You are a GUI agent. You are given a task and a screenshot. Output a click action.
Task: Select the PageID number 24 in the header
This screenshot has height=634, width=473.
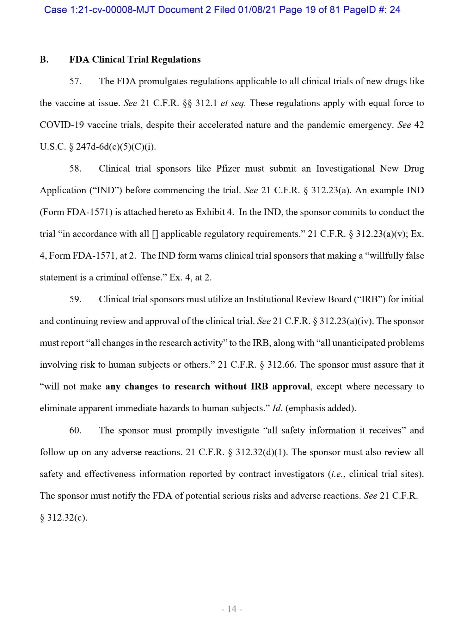pyautogui.click(x=395, y=10)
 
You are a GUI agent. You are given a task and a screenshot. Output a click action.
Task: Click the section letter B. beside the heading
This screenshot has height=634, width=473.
pyautogui.click(x=44, y=60)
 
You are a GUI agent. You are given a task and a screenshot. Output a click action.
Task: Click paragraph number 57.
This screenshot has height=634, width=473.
pyautogui.click(x=75, y=82)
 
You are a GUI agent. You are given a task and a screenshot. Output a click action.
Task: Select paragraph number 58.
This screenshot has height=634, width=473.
pyautogui.click(x=75, y=169)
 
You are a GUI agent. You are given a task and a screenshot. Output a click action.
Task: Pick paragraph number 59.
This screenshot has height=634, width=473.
pyautogui.click(x=75, y=299)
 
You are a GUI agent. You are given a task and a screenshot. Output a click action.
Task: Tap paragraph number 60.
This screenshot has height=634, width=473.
pyautogui.click(x=75, y=431)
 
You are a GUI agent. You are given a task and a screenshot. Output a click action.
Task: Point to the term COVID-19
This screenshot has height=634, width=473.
pyautogui.click(x=62, y=125)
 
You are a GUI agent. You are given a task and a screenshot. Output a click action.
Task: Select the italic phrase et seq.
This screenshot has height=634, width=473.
pyautogui.click(x=233, y=103)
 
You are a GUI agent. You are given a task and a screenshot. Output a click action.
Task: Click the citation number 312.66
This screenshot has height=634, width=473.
pyautogui.click(x=281, y=365)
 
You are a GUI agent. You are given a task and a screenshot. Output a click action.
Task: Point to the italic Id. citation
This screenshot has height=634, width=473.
pyautogui.click(x=277, y=408)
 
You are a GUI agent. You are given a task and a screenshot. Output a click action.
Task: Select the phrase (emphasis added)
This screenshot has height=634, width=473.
pyautogui.click(x=321, y=408)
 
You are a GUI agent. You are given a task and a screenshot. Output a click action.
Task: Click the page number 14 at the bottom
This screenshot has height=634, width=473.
pyautogui.click(x=232, y=609)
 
